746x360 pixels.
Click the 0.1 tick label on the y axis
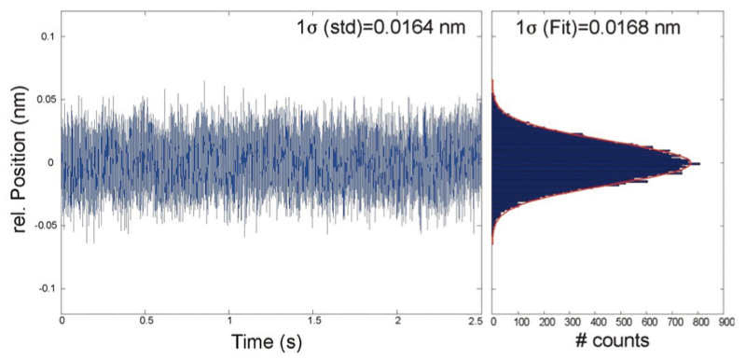click(x=48, y=37)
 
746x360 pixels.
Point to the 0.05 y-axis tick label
click(x=45, y=100)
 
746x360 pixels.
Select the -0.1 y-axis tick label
click(x=46, y=289)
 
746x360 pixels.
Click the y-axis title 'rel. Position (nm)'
click(x=19, y=159)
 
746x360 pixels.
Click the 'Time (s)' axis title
click(x=267, y=342)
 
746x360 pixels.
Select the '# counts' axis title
click(x=612, y=340)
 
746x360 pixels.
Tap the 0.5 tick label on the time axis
click(x=145, y=321)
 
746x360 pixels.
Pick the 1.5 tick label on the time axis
click(x=314, y=321)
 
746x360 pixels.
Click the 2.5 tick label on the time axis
click(x=475, y=321)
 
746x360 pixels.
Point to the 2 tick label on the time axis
click(x=398, y=321)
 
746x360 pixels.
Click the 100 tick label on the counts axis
click(x=521, y=322)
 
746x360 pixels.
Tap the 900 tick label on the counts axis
click(x=726, y=322)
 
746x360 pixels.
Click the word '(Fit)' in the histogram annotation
click(x=558, y=28)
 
